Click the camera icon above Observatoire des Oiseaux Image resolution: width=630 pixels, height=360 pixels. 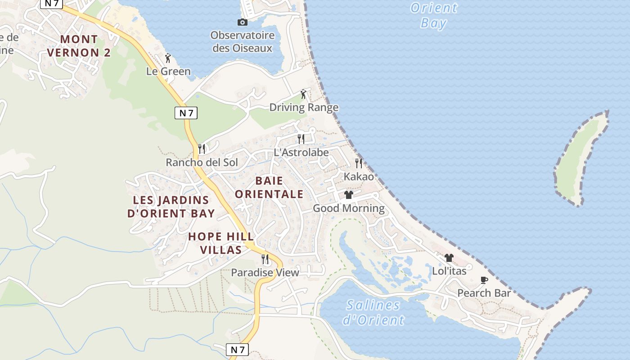[x=242, y=22]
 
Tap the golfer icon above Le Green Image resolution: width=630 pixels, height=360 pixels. [x=168, y=58]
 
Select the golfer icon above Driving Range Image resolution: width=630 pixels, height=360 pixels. [x=304, y=94]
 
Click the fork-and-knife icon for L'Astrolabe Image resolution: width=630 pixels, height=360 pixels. [x=301, y=139]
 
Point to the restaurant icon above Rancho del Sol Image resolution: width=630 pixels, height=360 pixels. [x=202, y=148]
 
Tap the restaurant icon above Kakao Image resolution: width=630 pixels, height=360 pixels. [x=359, y=163]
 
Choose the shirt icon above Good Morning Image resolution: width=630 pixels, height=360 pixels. [x=349, y=195]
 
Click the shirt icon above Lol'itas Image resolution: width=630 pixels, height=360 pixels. [x=449, y=258]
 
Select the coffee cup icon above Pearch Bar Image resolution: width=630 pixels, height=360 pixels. [x=484, y=280]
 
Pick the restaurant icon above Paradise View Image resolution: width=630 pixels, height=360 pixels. [x=265, y=259]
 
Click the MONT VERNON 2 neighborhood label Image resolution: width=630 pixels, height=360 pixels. [x=79, y=46]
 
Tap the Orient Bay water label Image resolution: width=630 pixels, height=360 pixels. [x=434, y=15]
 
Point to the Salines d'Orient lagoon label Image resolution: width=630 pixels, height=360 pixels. [x=373, y=312]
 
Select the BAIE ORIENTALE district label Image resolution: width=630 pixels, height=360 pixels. [x=269, y=187]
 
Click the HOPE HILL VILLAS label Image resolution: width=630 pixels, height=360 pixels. [x=221, y=243]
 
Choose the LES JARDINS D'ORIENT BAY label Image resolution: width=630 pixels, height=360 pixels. [x=171, y=207]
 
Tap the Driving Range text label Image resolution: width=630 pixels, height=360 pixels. [x=304, y=108]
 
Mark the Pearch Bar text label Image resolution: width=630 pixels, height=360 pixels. [x=484, y=293]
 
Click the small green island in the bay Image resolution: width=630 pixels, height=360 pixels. [x=580, y=157]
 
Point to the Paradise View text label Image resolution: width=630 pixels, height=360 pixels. [x=265, y=273]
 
